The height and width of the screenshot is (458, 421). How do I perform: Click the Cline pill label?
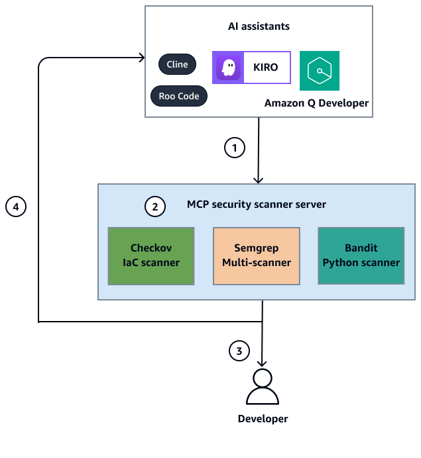pos(177,64)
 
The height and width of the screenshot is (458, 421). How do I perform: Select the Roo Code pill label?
pos(179,96)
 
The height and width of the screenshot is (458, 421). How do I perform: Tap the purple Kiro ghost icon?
pos(228,68)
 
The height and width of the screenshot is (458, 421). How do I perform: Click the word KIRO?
pos(266,68)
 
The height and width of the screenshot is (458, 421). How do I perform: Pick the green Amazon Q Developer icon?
pos(320,71)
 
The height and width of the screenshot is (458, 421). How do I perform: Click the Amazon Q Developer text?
pos(316,103)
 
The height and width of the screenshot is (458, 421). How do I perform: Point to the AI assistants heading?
pos(258,27)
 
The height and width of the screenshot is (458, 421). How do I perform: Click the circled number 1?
pos(234,148)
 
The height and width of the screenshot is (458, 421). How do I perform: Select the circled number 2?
pos(154,206)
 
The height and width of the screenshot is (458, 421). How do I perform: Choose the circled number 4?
pos(16,206)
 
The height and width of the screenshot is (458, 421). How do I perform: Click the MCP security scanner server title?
pos(256,205)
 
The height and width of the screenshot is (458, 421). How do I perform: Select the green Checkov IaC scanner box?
pos(151,255)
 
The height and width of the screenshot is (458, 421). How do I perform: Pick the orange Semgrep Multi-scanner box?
pos(257,255)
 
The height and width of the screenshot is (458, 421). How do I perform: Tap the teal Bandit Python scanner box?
pos(361,255)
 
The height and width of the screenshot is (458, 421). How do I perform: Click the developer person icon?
pos(263,387)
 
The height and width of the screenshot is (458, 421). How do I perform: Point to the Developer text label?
pos(263,419)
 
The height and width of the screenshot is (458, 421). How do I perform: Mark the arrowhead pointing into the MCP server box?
pos(259,179)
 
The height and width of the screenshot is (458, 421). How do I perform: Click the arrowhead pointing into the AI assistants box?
pos(141,58)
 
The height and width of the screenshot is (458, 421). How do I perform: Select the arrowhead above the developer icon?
pos(263,362)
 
